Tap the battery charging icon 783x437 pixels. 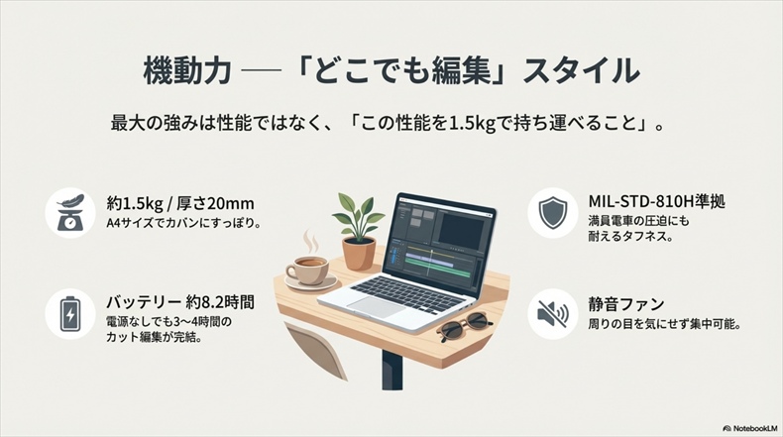point(70,314)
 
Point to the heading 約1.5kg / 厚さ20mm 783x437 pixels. point(177,202)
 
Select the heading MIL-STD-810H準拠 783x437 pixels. point(657,202)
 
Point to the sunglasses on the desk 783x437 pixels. point(463,323)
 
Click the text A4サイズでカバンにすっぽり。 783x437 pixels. point(183,223)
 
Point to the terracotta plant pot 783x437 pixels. point(359,253)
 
